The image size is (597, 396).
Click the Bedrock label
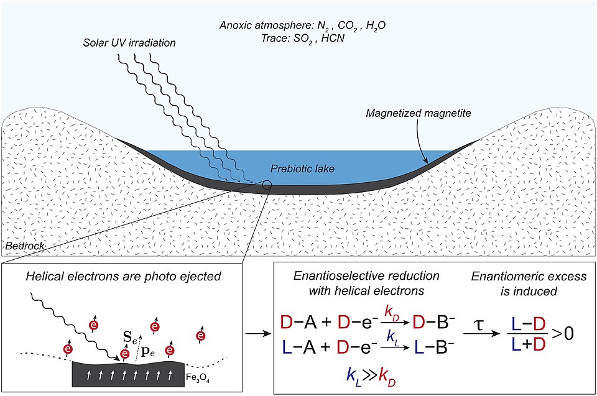[22, 247]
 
